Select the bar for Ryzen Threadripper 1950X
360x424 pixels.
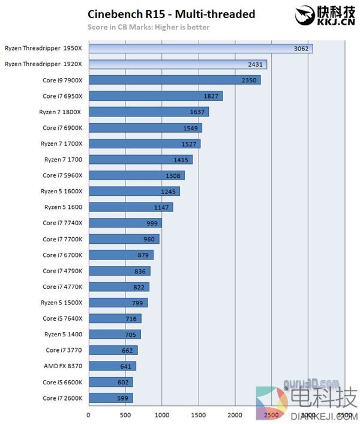[x=200, y=48]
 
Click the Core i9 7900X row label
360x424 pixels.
[x=62, y=80]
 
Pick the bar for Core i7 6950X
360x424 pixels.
[x=155, y=96]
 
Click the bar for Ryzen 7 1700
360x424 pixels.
[x=140, y=160]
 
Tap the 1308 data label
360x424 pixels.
[x=172, y=175]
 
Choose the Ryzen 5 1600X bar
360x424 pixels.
[x=134, y=191]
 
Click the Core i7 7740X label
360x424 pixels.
[x=62, y=223]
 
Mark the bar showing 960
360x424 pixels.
[x=124, y=239]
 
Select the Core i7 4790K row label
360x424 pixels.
[x=62, y=270]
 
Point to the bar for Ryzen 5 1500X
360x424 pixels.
[x=118, y=303]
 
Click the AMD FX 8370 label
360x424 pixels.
[x=63, y=366]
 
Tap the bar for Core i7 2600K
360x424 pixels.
[x=110, y=398]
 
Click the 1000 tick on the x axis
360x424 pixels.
[x=161, y=414]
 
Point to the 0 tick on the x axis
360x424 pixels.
[x=89, y=414]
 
